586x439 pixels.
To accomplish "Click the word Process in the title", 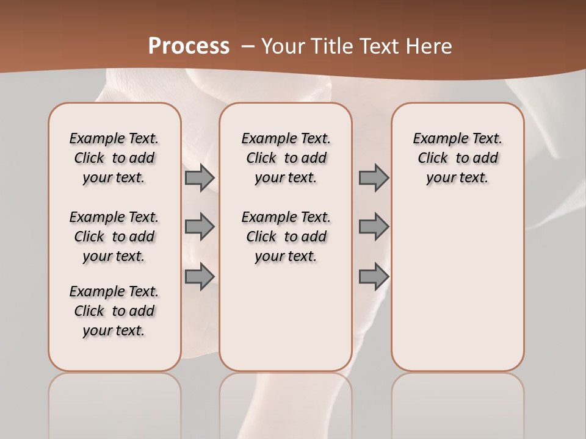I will click(x=189, y=46).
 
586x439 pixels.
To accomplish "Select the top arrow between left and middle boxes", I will click(x=200, y=177).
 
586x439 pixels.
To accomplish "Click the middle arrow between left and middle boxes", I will click(x=200, y=227).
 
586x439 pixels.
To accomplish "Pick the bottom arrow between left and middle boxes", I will click(x=200, y=277).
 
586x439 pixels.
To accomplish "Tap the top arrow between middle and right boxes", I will click(x=374, y=177).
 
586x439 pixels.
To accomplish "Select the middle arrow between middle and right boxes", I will click(x=374, y=227).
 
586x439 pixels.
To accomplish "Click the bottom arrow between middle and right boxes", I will click(x=374, y=277).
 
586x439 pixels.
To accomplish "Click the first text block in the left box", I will click(x=114, y=158).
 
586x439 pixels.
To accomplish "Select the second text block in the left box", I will click(x=114, y=237).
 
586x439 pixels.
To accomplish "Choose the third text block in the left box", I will click(x=114, y=311).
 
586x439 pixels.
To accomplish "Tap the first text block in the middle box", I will click(x=286, y=158).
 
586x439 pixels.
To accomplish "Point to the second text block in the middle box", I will click(x=286, y=237).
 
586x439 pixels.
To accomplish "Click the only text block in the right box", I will click(x=457, y=158).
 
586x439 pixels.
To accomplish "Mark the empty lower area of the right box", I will click(x=457, y=287).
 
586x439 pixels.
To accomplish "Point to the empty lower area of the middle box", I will click(x=286, y=317).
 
